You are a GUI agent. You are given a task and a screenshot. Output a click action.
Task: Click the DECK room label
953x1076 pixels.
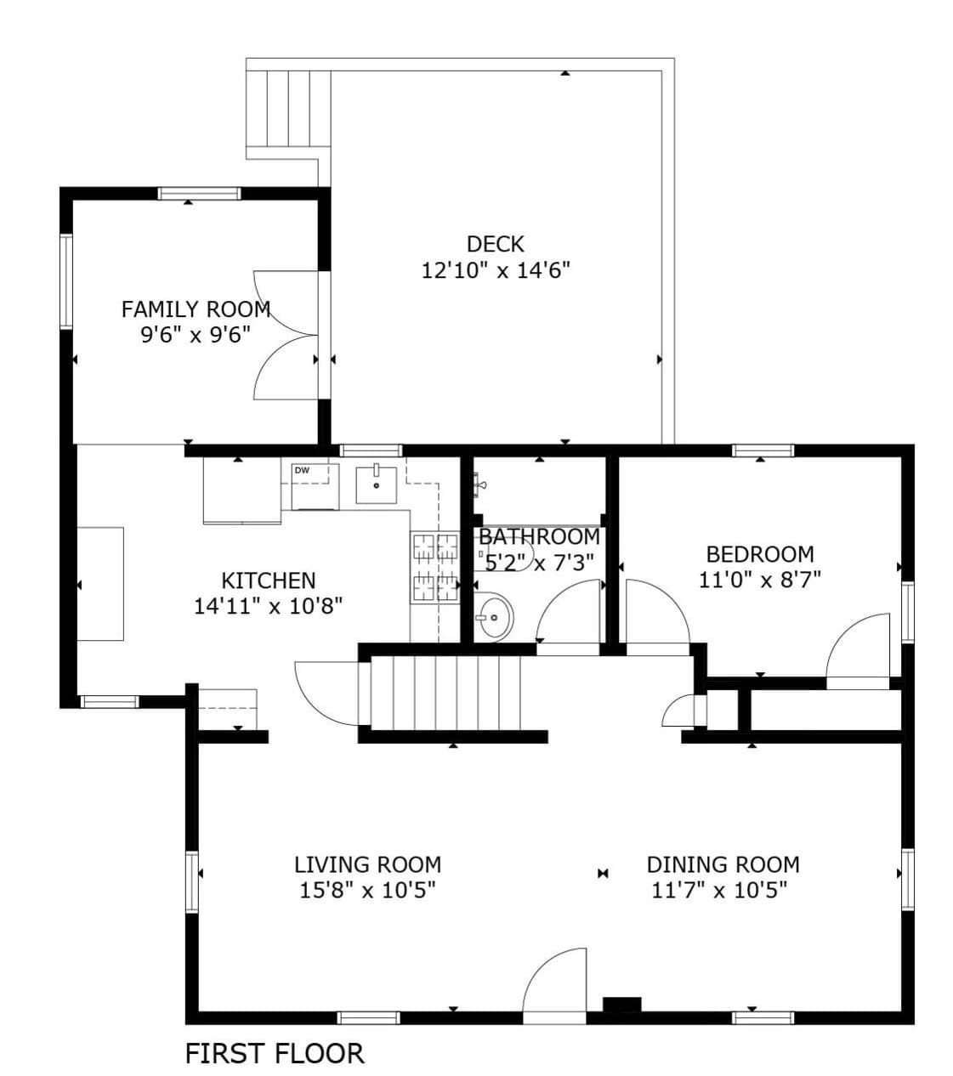[495, 244]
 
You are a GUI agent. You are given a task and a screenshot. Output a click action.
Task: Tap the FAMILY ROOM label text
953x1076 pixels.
[196, 309]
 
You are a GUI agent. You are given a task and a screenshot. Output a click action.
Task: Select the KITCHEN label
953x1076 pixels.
[269, 580]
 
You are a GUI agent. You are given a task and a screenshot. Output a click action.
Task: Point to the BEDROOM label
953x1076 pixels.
[760, 554]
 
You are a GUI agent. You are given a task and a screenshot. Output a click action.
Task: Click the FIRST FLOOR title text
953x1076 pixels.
[275, 1053]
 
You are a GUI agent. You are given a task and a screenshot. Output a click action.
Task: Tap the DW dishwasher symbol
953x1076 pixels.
[315, 486]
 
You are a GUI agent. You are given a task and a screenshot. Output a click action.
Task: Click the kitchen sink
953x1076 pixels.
[376, 485]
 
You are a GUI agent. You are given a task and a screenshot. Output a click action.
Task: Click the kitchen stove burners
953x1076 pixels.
[435, 568]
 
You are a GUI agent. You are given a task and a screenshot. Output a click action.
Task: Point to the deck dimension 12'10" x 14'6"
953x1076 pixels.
[495, 271]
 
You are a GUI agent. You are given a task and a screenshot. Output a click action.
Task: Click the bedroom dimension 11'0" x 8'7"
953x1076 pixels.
[760, 580]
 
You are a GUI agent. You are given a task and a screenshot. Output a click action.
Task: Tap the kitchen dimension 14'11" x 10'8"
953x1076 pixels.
[269, 605]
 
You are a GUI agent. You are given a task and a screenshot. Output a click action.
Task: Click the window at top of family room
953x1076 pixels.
[200, 193]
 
